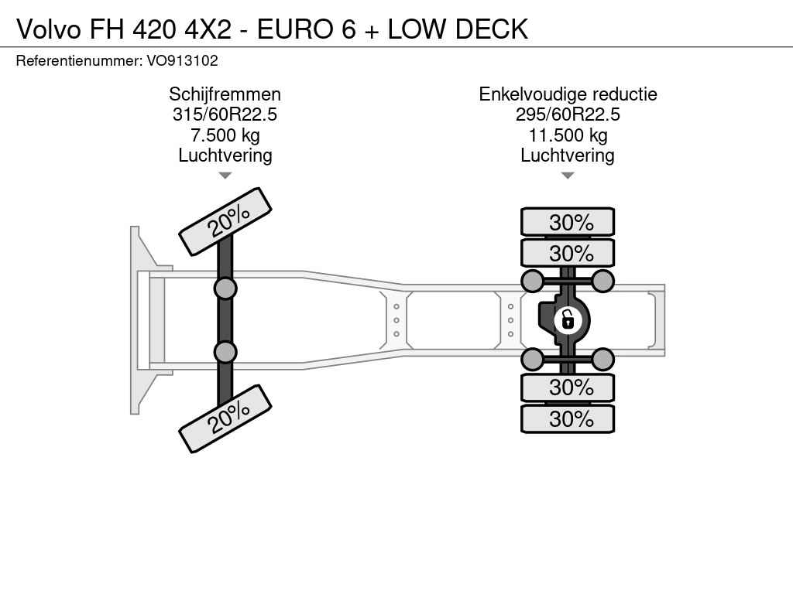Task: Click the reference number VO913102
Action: (x=182, y=61)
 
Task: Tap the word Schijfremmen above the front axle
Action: (x=225, y=94)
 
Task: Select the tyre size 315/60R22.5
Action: (x=225, y=114)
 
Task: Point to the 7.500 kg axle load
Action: (x=225, y=135)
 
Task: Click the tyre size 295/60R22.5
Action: (x=568, y=114)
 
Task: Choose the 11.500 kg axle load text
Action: (x=568, y=135)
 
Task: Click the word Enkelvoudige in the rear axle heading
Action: (x=533, y=94)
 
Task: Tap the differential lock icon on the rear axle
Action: (x=568, y=320)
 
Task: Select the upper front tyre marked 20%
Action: (x=225, y=222)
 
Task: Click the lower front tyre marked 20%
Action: (x=225, y=418)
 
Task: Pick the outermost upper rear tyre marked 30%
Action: (x=568, y=222)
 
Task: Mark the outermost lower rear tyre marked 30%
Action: (x=568, y=418)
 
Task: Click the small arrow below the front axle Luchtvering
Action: (x=225, y=176)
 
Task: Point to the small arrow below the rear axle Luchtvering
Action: (x=568, y=176)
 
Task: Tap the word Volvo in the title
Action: (x=49, y=29)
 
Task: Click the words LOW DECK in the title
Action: (x=458, y=29)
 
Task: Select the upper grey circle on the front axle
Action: (x=225, y=288)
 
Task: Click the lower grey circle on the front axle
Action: (x=225, y=352)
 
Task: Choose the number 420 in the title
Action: (x=155, y=29)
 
